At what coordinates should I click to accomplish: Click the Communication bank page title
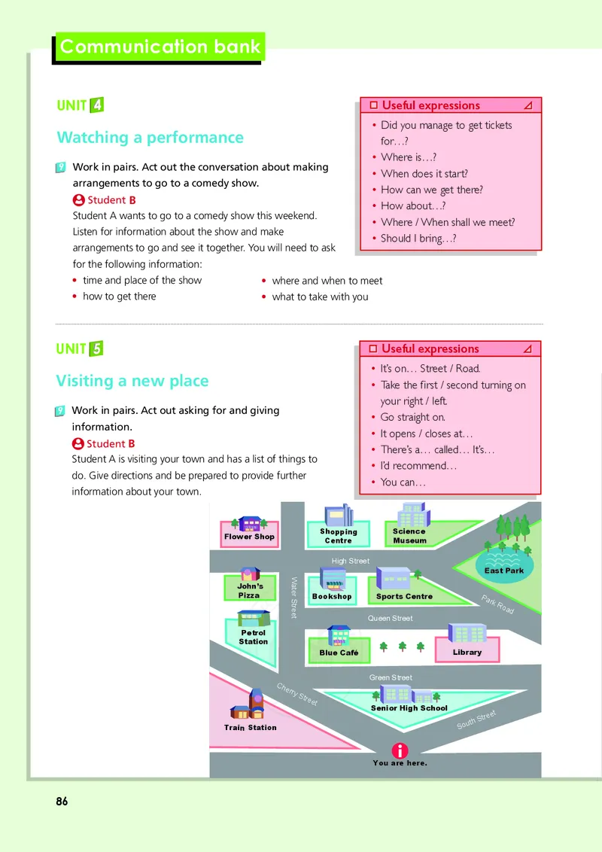160,47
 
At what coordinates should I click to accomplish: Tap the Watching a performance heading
150,138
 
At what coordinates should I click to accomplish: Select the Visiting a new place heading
132,381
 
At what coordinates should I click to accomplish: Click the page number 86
62,802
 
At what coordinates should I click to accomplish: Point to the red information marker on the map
400,750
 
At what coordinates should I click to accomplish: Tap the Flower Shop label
249,537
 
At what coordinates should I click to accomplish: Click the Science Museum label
409,536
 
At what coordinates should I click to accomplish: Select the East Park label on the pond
504,571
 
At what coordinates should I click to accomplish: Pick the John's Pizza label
249,591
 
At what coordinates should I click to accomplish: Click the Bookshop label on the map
332,597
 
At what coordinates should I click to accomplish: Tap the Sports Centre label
404,597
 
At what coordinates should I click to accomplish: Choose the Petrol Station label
253,637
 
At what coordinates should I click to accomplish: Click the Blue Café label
339,653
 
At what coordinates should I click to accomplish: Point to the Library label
467,652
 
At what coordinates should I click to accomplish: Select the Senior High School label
409,708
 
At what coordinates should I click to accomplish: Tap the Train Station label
251,728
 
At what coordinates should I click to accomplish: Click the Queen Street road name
390,619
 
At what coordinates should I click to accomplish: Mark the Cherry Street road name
296,695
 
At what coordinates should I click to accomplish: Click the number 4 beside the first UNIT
96,105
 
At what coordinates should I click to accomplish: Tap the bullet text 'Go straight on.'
413,417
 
